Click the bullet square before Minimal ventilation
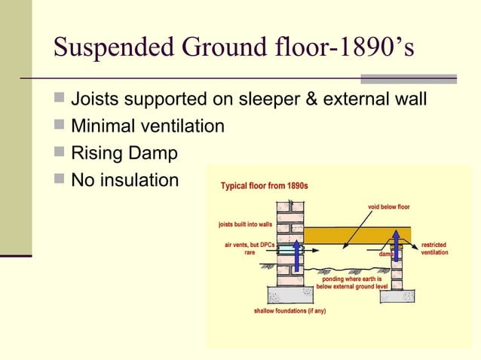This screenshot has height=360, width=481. point(60,126)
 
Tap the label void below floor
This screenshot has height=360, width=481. point(388,206)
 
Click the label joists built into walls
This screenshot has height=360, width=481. point(244,224)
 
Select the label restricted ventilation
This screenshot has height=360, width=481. point(434,249)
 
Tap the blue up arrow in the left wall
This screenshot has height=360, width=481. point(298,256)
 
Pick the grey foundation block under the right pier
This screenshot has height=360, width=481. point(397,295)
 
